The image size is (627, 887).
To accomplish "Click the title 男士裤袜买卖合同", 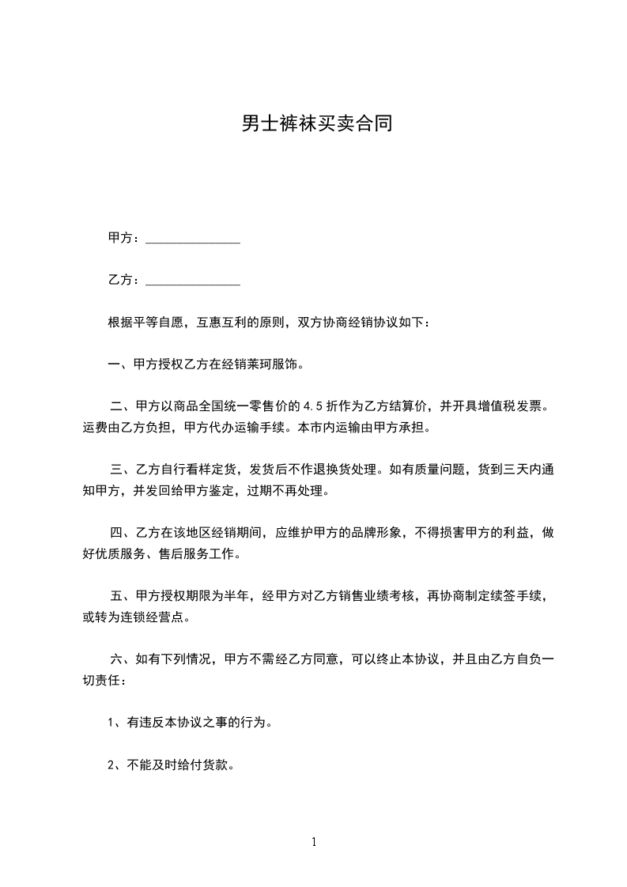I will click(x=316, y=124).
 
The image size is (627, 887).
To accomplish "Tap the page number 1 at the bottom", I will click(x=314, y=842).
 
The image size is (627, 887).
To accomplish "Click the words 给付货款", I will click(x=195, y=764).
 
